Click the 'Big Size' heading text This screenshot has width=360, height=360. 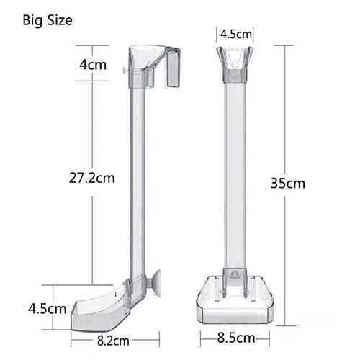click(x=49, y=19)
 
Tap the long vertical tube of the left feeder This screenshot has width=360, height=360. click(x=137, y=180)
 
